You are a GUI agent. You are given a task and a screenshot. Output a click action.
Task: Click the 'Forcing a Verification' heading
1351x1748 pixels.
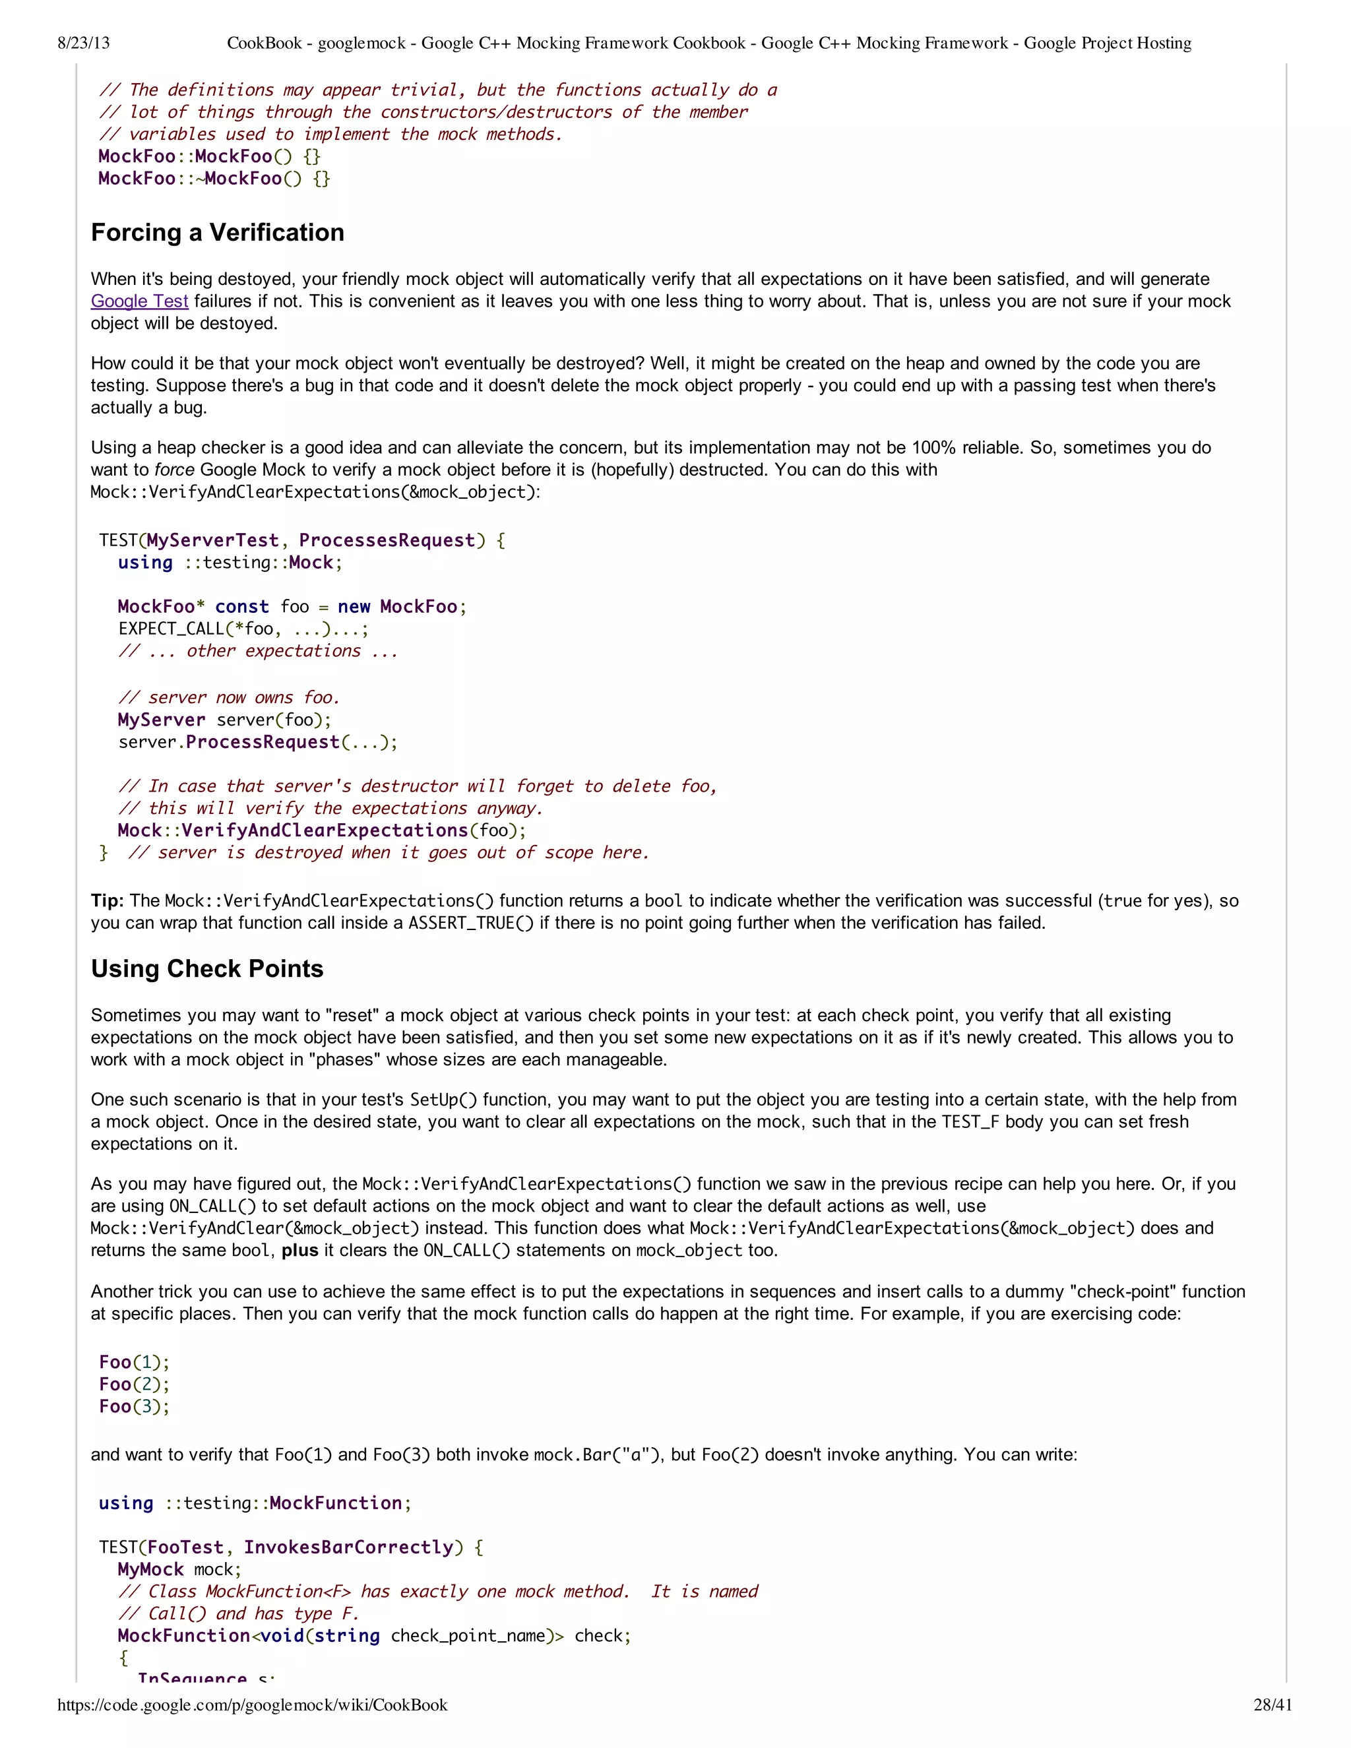(x=218, y=233)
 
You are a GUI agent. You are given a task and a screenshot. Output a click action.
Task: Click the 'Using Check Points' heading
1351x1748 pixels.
(x=207, y=969)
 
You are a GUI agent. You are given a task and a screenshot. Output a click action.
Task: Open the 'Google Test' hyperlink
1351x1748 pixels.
(x=139, y=301)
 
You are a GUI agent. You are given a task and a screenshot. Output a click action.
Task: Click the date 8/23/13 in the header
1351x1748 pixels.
(x=83, y=44)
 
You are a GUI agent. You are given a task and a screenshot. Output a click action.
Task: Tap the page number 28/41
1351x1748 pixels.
(x=1272, y=1704)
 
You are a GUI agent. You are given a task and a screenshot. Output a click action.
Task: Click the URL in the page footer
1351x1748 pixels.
(x=252, y=1704)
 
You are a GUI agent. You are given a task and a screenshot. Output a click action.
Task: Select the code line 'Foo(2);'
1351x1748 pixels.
(x=135, y=1385)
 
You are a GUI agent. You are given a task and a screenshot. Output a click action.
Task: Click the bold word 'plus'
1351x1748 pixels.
(x=300, y=1251)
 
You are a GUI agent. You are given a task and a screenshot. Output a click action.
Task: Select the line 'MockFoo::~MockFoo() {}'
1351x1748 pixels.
(x=214, y=179)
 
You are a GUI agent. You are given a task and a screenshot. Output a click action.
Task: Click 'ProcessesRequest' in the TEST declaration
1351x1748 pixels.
(x=387, y=541)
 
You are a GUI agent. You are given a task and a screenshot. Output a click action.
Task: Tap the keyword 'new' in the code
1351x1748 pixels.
(x=354, y=607)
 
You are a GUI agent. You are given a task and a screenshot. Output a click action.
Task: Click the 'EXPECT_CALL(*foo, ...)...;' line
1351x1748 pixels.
(x=243, y=629)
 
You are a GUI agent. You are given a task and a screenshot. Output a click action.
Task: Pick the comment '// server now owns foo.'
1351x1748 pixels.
(x=229, y=698)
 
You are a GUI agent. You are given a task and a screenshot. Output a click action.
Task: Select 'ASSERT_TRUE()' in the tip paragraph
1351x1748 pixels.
(x=470, y=923)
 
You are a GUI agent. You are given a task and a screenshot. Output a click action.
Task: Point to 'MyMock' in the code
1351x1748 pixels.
(x=150, y=1569)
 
